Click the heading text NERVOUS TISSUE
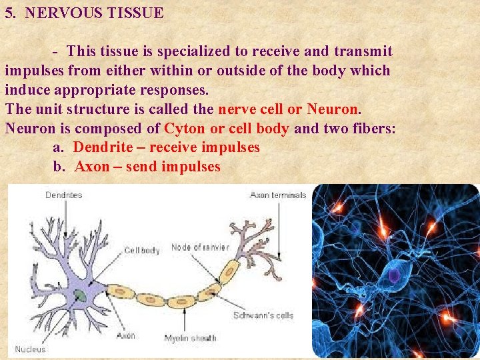coord(94,13)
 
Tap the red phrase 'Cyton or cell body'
coord(227,128)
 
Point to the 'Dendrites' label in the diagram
coord(65,195)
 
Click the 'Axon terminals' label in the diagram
coord(278,195)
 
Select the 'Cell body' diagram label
coord(142,251)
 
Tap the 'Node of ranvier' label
coord(200,247)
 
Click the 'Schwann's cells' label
coord(263,315)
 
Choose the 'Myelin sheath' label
coord(190,338)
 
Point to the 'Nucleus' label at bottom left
coord(31,349)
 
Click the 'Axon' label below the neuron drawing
coord(125,335)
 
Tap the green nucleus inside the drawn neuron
coord(80,295)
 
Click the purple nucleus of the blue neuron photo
coord(394,275)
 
